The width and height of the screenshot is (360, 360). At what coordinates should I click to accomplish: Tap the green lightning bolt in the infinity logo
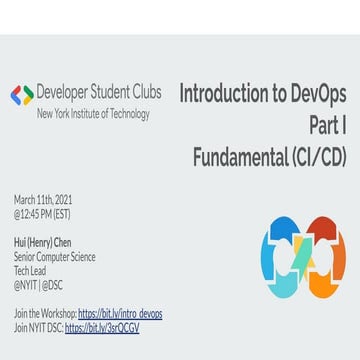click(x=304, y=259)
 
